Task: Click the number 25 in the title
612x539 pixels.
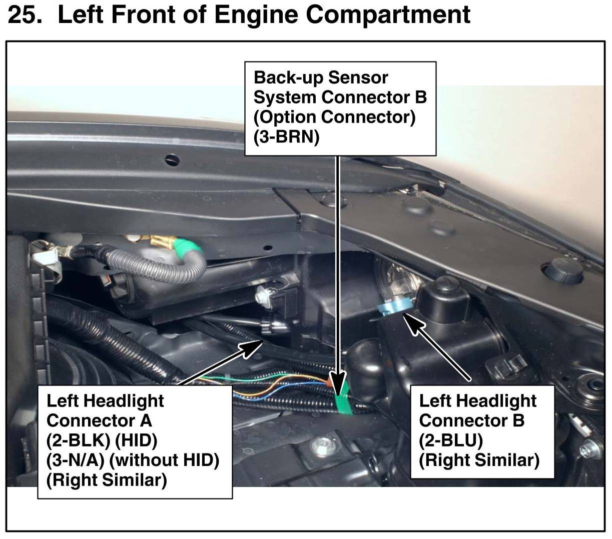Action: pyautogui.click(x=24, y=14)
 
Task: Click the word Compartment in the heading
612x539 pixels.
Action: pyautogui.click(x=388, y=14)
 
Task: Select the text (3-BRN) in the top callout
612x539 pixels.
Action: pyautogui.click(x=286, y=137)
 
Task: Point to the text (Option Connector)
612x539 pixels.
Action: pyautogui.click(x=334, y=117)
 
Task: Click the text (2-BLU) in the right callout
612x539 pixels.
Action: pyautogui.click(x=450, y=440)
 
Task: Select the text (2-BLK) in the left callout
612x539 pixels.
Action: pyautogui.click(x=74, y=440)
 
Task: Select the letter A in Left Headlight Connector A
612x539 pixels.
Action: pyautogui.click(x=145, y=420)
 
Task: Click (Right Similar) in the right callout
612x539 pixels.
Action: pyautogui.click(x=479, y=460)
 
